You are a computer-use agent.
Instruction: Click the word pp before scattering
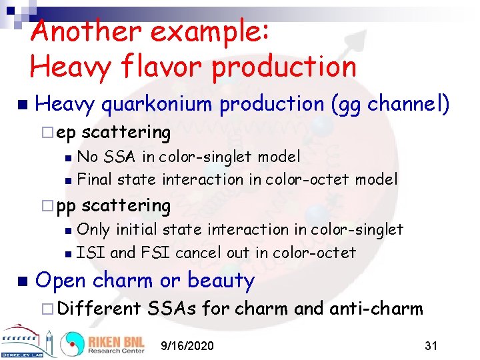point(66,206)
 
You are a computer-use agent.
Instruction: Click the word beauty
point(221,281)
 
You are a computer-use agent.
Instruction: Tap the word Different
point(99,308)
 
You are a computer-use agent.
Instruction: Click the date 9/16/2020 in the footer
point(187,345)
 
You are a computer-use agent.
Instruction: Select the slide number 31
point(431,345)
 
